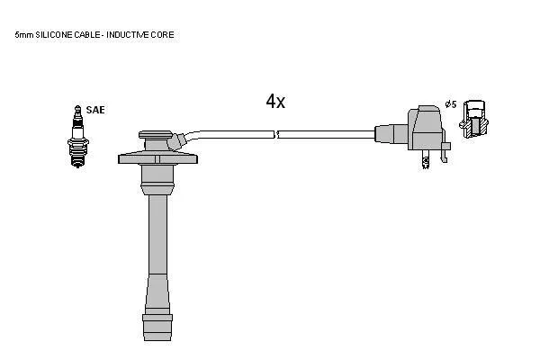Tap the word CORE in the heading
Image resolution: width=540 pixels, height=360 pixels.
tap(163, 35)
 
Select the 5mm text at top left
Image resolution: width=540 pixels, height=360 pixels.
tap(24, 35)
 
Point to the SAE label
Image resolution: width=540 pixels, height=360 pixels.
tap(95, 110)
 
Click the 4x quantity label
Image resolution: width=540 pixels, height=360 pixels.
tap(275, 102)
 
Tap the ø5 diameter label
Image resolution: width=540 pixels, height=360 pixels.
tap(451, 104)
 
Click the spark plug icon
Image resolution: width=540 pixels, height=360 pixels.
tap(78, 137)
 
